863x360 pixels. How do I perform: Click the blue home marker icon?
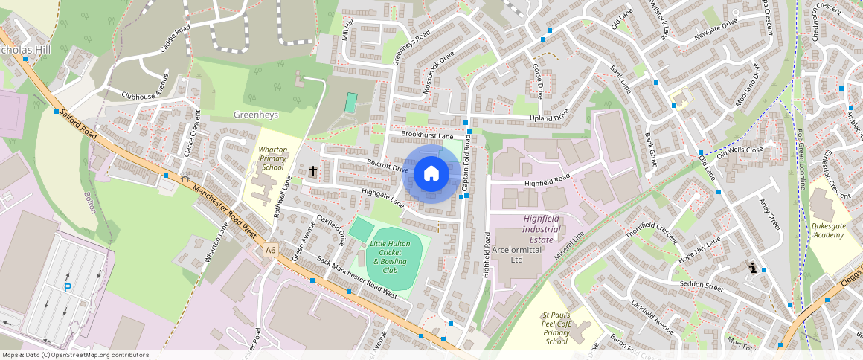[431, 174]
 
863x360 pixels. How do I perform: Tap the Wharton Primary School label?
[272, 158]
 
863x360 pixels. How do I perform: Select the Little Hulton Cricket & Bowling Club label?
[391, 256]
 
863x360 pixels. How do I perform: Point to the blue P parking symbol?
[68, 288]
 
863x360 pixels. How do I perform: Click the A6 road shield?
[270, 251]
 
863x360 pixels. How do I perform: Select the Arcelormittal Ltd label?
[518, 255]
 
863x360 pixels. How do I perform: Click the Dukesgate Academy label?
[828, 231]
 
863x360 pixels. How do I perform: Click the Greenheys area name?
[255, 115]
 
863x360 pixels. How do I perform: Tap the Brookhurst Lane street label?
[427, 136]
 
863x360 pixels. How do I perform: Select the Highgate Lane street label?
[382, 197]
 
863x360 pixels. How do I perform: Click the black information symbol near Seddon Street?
[753, 268]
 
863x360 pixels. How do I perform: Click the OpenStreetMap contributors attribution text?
[75, 355]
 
